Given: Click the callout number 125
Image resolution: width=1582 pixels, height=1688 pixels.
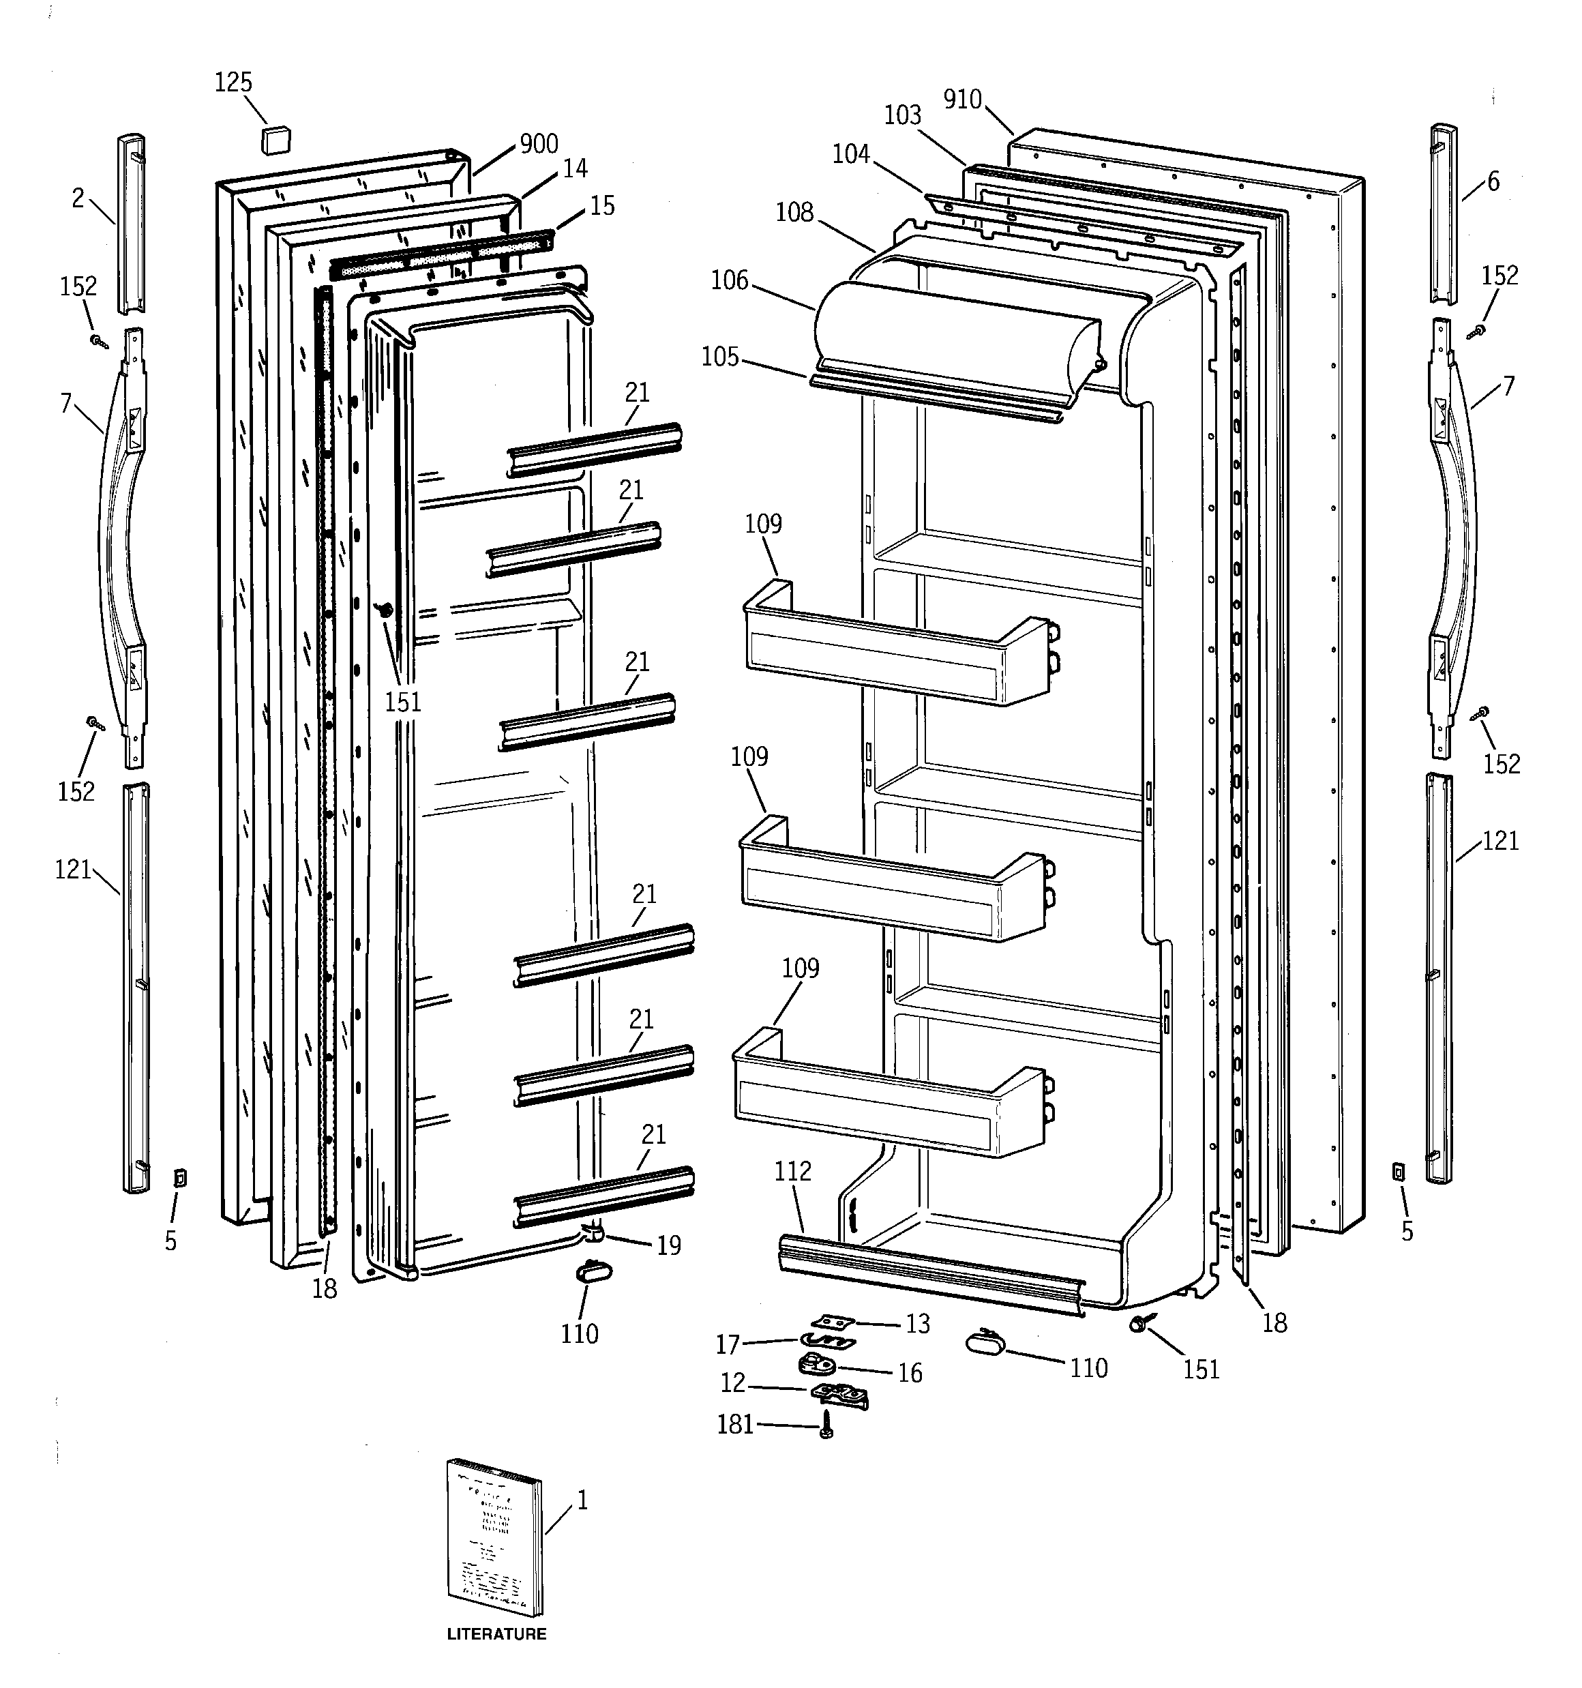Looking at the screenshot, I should (233, 83).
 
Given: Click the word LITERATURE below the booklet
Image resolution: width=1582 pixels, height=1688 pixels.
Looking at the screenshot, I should (497, 1633).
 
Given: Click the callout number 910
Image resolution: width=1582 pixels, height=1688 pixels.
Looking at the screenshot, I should (962, 100).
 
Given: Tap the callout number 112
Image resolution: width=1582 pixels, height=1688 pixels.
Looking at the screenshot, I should (792, 1172).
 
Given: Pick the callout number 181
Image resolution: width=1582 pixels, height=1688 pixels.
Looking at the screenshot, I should (735, 1424).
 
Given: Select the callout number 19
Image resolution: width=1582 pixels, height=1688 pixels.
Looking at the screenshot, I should (669, 1245).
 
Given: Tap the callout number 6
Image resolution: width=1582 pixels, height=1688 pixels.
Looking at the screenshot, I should (1493, 181).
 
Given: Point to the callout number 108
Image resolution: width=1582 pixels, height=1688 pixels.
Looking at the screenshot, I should (794, 212).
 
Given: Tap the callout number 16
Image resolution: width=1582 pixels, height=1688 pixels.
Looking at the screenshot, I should (910, 1373).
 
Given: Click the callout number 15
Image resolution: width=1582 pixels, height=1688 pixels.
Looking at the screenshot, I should (602, 205).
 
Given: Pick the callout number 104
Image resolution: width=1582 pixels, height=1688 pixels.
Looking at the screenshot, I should (851, 153).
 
